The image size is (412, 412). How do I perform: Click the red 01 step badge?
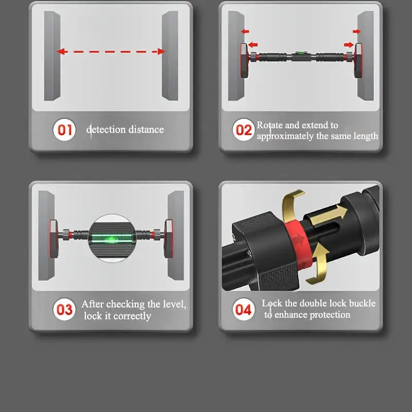(x=64, y=130)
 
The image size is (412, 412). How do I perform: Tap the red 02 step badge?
(x=244, y=130)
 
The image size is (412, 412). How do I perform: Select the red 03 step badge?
(x=64, y=310)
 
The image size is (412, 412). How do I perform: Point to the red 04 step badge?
(x=244, y=310)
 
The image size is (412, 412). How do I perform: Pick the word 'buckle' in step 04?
(x=362, y=303)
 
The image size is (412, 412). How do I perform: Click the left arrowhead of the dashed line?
(x=61, y=51)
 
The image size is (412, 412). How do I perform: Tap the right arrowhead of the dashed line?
(x=161, y=51)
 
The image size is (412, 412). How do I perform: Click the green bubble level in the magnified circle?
(x=112, y=239)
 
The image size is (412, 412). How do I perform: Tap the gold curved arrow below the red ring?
(x=319, y=265)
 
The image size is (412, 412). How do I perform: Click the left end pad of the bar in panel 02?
(x=244, y=60)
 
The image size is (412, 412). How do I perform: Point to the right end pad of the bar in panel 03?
(x=168, y=239)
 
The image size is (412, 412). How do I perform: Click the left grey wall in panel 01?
(x=52, y=56)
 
